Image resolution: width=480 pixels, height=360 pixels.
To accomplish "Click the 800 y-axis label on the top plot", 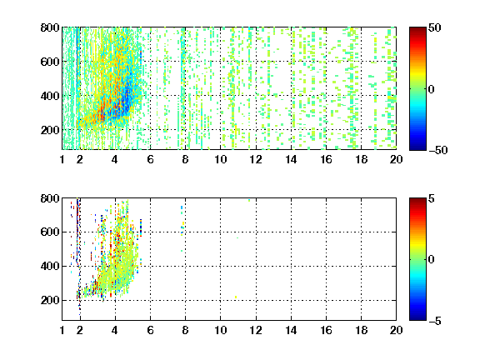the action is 50,27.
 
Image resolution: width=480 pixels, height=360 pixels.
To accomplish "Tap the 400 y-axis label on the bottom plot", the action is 50,266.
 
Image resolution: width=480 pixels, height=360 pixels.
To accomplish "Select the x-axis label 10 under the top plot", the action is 220,159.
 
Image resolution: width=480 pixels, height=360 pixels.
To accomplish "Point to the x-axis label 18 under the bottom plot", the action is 361,330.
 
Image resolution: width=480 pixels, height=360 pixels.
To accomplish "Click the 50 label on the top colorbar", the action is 434,27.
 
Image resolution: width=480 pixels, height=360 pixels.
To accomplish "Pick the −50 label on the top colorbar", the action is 437,150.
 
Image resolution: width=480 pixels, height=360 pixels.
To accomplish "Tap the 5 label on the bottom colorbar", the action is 432,198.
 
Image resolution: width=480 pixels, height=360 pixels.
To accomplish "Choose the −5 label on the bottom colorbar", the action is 435,321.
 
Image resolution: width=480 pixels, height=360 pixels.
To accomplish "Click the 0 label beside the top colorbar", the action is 431,89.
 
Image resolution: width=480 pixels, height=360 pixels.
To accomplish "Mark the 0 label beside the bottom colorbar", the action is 431,260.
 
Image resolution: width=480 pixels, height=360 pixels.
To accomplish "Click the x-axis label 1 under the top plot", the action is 62,159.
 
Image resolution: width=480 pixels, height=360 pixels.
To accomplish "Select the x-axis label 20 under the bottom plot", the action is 396,330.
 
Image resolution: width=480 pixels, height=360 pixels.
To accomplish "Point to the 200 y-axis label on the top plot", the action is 50,130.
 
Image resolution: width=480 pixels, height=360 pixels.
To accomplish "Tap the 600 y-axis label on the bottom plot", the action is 50,232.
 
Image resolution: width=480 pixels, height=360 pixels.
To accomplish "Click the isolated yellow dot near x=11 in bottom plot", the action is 236,297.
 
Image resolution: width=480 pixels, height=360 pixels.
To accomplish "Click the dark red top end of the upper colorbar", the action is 417,29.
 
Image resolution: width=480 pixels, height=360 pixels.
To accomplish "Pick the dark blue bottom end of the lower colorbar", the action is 417,318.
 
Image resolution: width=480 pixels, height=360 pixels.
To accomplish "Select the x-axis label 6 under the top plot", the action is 150,159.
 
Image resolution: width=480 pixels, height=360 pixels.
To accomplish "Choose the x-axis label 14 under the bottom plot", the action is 291,330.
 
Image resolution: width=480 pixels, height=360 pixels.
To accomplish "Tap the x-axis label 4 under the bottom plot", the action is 115,330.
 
